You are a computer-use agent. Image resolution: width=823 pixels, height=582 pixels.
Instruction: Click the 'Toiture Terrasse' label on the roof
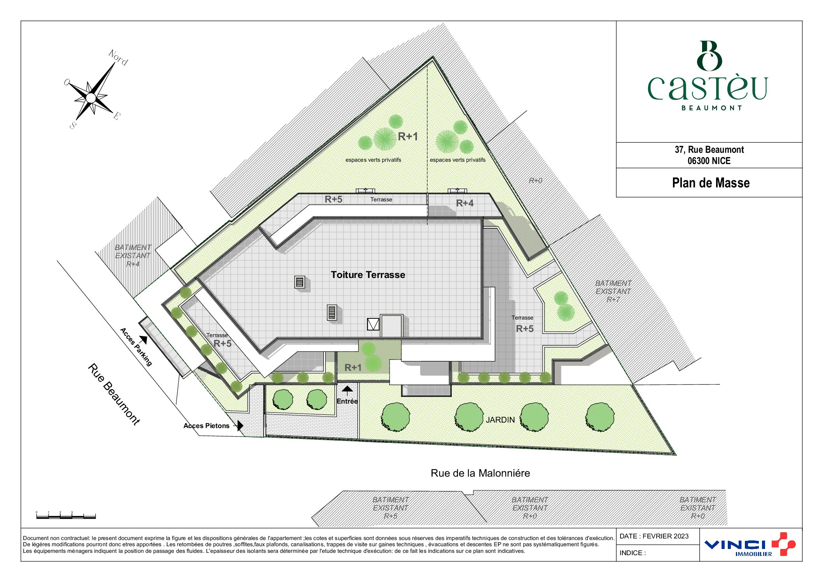[368, 275]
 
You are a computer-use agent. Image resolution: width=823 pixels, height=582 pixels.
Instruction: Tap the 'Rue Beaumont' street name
[114, 394]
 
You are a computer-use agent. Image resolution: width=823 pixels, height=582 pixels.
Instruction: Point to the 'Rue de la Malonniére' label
[480, 473]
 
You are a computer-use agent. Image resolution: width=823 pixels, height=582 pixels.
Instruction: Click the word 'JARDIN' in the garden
[500, 420]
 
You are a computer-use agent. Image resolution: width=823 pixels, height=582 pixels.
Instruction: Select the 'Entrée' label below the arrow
[347, 401]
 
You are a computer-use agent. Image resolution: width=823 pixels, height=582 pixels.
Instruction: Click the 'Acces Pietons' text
[206, 426]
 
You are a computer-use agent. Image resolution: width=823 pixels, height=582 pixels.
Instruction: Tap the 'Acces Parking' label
[136, 347]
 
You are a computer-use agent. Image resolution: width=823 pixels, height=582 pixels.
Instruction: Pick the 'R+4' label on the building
[465, 203]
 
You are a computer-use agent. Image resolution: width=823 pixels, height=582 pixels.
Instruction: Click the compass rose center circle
[91, 98]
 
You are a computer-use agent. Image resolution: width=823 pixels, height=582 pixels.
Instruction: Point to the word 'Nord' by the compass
[118, 58]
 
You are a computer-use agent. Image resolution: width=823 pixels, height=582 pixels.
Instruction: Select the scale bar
[66, 516]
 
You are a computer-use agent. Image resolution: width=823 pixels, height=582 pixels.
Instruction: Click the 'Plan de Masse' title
[711, 183]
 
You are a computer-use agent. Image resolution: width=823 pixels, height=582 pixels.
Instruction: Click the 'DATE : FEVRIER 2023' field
[654, 536]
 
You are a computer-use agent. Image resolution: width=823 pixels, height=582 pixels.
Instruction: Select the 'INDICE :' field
[633, 553]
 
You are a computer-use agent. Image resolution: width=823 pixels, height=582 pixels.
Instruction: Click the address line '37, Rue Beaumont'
[709, 150]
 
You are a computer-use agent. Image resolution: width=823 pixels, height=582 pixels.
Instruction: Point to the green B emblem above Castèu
[709, 56]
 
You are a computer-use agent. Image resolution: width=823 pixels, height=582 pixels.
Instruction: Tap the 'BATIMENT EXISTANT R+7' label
[613, 291]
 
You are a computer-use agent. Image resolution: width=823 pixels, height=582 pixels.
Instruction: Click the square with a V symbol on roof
[373, 324]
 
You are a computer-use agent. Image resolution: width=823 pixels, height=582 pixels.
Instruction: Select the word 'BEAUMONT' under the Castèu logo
[711, 108]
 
